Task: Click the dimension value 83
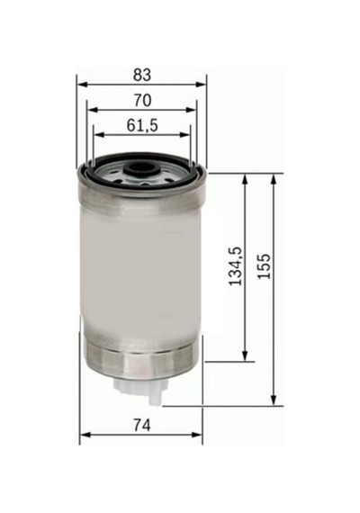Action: click(142, 75)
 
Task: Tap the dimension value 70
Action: click(143, 100)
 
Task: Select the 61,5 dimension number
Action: click(142, 125)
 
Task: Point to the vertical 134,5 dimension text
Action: click(236, 266)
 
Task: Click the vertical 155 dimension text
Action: click(265, 266)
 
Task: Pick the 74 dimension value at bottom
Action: click(142, 426)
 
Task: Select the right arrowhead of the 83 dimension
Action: click(201, 85)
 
